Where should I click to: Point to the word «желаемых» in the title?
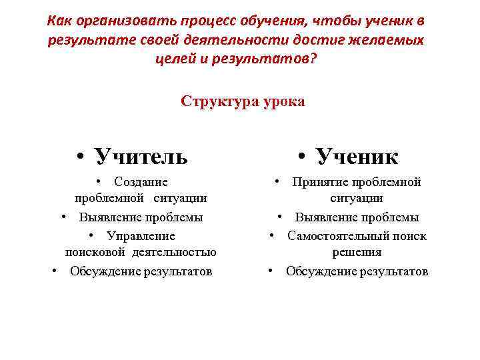coord(387,40)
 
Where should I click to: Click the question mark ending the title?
coord(314,59)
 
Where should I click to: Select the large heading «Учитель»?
coord(141,156)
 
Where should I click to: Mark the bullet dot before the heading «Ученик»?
coord(301,157)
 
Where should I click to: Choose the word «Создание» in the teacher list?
coord(141,182)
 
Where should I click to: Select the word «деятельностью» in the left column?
coord(174,252)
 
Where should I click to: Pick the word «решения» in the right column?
coord(357,252)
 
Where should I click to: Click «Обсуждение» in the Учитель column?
coord(105,271)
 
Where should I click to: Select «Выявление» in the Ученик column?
coord(326,217)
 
